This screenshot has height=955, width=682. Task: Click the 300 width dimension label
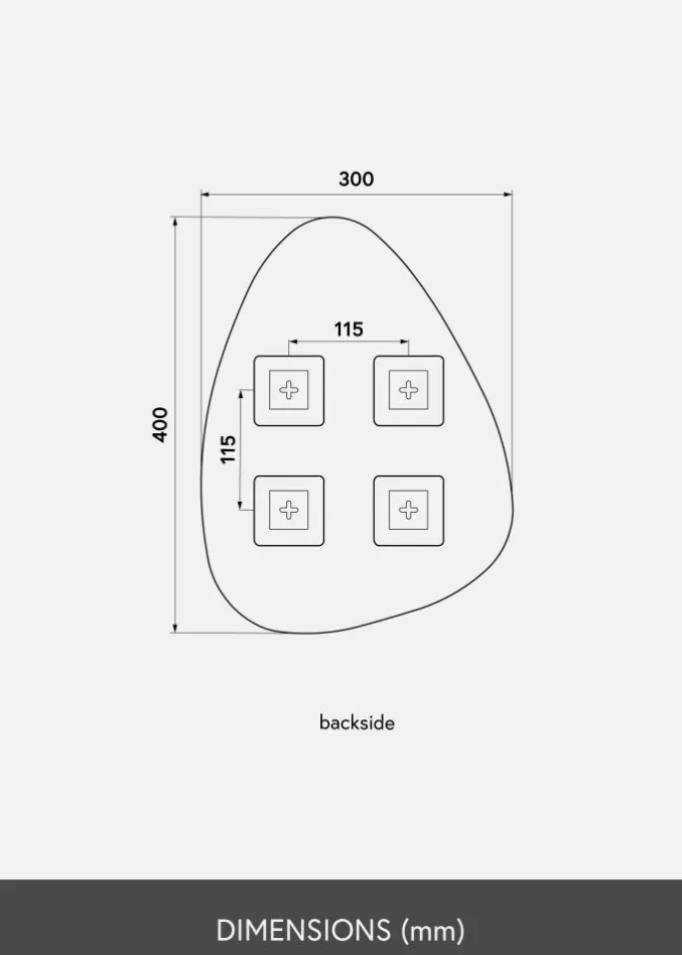(x=356, y=180)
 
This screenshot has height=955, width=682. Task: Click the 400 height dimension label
(x=162, y=424)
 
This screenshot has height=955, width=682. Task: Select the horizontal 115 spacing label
(x=348, y=329)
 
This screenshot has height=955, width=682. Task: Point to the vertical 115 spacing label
(x=228, y=449)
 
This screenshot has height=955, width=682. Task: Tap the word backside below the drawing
(x=357, y=722)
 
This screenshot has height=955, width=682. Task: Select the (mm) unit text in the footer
(x=433, y=931)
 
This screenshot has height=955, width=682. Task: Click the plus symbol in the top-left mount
(x=289, y=390)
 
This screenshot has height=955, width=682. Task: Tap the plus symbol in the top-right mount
(x=409, y=390)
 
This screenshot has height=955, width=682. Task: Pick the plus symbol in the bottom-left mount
(x=289, y=510)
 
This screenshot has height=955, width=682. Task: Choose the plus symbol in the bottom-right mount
(x=409, y=510)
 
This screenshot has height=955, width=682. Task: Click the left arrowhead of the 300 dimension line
(x=204, y=194)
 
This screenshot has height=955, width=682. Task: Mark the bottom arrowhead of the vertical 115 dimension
(x=240, y=507)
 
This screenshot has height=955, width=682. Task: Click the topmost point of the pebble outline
(x=333, y=217)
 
